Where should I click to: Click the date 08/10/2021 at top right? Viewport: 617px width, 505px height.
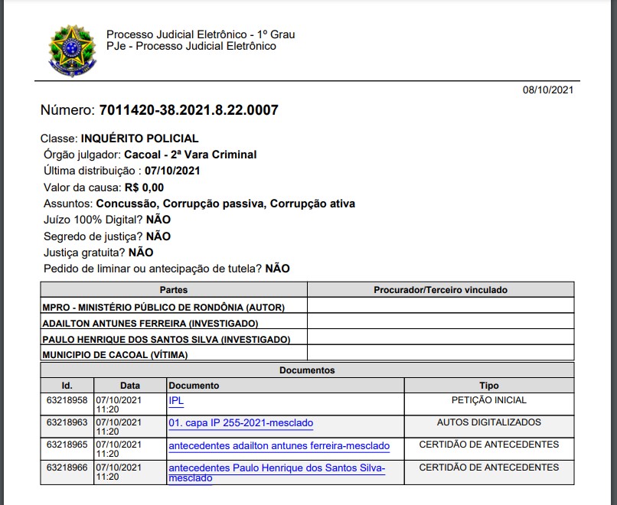point(548,90)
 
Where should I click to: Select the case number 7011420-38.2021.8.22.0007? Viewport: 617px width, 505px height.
point(188,110)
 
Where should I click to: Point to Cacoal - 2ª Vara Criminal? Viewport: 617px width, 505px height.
point(191,155)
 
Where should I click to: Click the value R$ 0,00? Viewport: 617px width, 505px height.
point(145,187)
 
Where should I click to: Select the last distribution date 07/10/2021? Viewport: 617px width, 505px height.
point(172,171)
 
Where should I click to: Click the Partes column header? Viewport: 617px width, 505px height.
point(174,290)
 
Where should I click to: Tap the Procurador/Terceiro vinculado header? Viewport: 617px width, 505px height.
point(440,290)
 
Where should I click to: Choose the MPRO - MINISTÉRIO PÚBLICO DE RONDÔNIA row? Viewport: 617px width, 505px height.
point(164,307)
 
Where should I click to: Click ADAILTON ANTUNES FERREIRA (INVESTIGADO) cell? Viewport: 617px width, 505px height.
point(150,324)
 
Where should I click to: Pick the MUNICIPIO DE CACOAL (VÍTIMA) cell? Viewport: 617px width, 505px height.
point(115,355)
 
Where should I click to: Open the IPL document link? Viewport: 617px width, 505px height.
point(176,400)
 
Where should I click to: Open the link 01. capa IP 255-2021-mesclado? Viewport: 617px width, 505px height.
point(240,423)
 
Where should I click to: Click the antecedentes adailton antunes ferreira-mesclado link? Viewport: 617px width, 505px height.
point(279,446)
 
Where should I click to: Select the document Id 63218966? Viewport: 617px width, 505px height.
point(67,468)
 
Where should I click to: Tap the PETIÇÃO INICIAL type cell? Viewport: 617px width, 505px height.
point(488,400)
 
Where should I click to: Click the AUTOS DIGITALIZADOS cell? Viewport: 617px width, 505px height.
point(488,422)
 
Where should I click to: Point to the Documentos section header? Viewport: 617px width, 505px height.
point(307,370)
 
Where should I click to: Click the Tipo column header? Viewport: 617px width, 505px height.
point(488,386)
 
